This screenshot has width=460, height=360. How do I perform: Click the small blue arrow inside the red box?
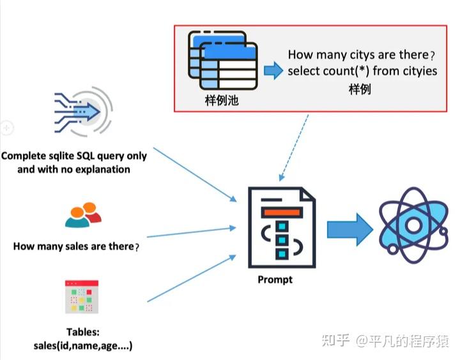point(273,71)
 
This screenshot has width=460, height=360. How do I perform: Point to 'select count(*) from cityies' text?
point(362,71)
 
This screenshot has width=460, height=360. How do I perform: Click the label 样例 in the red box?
point(360,89)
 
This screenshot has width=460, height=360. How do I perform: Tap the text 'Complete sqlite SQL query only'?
point(74,156)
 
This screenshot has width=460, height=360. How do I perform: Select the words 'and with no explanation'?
point(74,169)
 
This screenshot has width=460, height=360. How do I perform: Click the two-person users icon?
point(83,216)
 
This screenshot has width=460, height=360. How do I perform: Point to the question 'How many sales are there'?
point(75,246)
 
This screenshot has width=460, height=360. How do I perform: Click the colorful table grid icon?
point(81,297)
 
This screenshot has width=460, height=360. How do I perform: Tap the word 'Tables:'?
point(82,332)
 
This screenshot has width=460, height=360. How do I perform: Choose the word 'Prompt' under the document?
point(275,280)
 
